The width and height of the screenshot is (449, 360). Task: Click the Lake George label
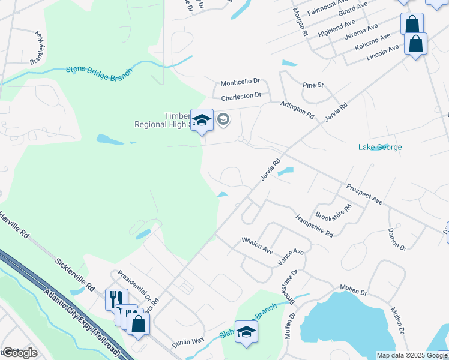coord(380,147)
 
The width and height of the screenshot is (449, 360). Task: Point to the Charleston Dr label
coord(241,95)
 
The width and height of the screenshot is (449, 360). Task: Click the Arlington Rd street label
coord(297,109)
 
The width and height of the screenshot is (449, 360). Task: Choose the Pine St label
coord(313,85)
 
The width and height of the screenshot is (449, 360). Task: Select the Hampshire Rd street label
coord(315,225)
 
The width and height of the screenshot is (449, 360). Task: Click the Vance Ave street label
coord(291,257)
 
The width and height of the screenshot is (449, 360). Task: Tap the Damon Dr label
coord(397,239)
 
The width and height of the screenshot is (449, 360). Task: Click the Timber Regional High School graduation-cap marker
coord(202,120)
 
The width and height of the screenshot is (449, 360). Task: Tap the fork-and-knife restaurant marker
coord(116,299)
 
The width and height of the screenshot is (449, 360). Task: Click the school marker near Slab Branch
coord(246,332)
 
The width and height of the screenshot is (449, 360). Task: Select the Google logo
coord(19,353)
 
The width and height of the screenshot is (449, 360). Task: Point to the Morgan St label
coord(300,22)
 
